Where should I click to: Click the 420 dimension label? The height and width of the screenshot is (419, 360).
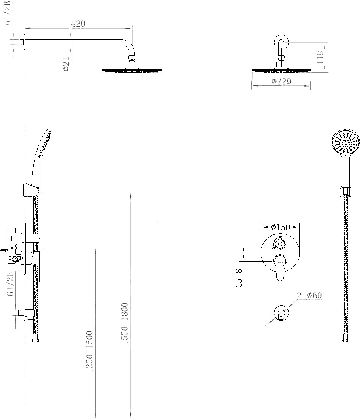[x=78, y=24]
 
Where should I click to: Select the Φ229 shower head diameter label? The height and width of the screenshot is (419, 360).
[x=281, y=81]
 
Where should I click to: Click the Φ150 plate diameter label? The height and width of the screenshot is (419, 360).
[x=280, y=227]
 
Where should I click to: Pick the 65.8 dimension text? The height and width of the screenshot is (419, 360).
[x=239, y=278]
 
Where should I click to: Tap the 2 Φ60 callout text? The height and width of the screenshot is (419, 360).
[x=310, y=295]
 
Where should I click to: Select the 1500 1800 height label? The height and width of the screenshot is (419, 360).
[x=125, y=323]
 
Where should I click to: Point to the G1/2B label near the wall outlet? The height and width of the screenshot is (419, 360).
[x=11, y=284]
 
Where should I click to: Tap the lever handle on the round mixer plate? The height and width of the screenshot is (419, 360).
[x=279, y=267]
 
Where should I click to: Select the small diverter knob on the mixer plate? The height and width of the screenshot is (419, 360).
[x=279, y=242]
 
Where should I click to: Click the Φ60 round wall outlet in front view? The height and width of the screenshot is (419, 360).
[x=282, y=312]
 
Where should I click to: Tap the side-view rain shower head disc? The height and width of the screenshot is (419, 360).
[x=133, y=70]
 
